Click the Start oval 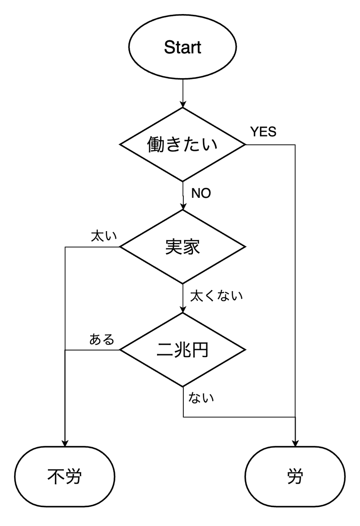[x=182, y=47]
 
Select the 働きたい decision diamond [x=182, y=144]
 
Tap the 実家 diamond [x=182, y=247]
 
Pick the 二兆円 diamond [x=182, y=350]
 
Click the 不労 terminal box [x=65, y=476]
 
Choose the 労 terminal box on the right [x=295, y=476]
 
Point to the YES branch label [x=263, y=132]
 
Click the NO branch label [x=201, y=193]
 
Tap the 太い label [x=103, y=236]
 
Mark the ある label [x=102, y=340]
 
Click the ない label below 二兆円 [x=201, y=398]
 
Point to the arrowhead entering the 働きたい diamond [x=182, y=104]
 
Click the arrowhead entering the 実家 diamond [x=182, y=207]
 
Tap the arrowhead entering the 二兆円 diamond [x=182, y=310]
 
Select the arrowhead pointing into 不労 [x=65, y=443]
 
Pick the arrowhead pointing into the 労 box [x=295, y=443]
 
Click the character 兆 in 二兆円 [x=182, y=350]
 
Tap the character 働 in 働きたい [x=157, y=144]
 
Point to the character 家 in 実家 [x=191, y=247]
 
